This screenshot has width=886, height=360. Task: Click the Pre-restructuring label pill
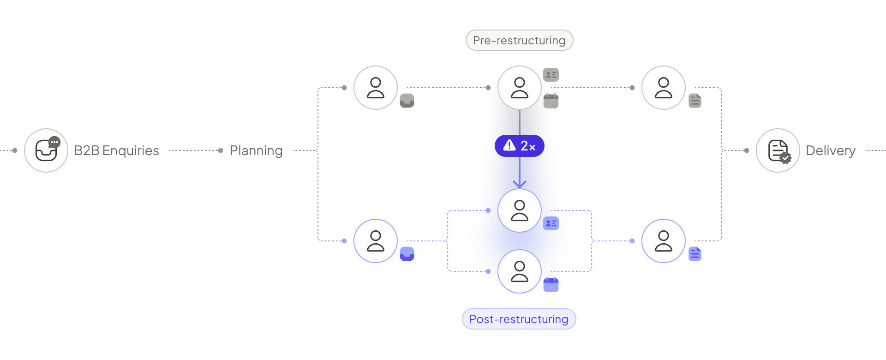(519, 41)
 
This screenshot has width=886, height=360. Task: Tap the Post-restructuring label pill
(519, 319)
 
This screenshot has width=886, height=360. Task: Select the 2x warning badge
(520, 146)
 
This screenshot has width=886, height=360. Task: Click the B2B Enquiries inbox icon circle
(46, 150)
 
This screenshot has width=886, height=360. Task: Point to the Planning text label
(256, 150)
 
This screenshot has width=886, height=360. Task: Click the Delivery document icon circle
(778, 150)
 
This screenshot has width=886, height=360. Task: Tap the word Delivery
(830, 150)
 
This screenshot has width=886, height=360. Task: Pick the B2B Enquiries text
(116, 150)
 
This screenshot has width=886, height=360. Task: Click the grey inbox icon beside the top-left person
(407, 101)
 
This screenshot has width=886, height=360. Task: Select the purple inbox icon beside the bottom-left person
(407, 254)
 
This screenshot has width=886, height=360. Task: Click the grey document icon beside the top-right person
(695, 101)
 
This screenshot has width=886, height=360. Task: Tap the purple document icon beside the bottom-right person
(695, 254)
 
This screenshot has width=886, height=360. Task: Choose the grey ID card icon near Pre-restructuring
(551, 74)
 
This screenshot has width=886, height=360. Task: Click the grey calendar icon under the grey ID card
(551, 101)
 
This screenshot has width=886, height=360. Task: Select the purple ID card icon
(551, 223)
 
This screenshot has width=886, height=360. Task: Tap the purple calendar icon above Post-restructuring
(551, 285)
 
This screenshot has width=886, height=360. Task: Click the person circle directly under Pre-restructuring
(520, 88)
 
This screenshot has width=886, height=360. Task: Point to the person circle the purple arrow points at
(520, 210)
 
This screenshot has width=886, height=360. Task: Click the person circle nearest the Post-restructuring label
(520, 271)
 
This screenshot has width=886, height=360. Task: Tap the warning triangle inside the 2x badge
(509, 145)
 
